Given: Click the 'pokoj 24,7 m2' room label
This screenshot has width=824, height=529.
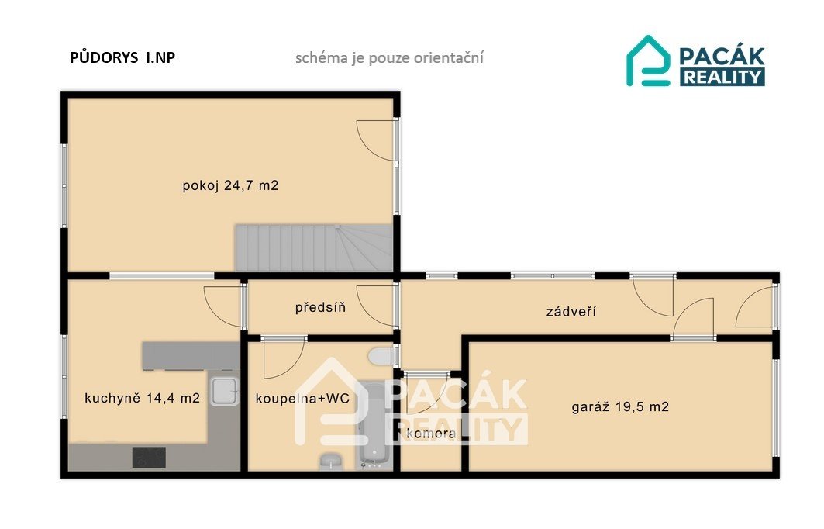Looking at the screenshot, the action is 230,185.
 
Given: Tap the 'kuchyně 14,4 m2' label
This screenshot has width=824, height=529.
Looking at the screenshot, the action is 142,398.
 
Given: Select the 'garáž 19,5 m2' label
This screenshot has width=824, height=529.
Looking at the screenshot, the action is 620,406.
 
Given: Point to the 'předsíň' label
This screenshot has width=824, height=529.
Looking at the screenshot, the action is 321,307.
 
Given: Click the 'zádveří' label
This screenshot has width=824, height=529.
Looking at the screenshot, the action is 571,311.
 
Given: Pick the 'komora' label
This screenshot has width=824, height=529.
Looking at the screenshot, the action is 431,434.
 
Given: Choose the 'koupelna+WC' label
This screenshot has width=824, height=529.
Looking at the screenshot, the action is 302,399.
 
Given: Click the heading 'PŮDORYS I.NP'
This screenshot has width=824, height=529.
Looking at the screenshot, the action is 122,57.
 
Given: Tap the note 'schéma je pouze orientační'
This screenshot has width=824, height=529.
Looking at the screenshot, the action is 389,58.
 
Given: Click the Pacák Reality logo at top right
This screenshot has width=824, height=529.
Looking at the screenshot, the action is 696,61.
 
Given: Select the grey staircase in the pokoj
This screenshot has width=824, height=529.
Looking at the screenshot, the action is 314,247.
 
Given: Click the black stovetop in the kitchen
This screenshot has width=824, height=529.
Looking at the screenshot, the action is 149,458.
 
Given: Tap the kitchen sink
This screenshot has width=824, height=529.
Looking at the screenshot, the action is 225,391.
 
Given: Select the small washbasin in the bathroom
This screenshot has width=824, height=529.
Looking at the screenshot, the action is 330,462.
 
